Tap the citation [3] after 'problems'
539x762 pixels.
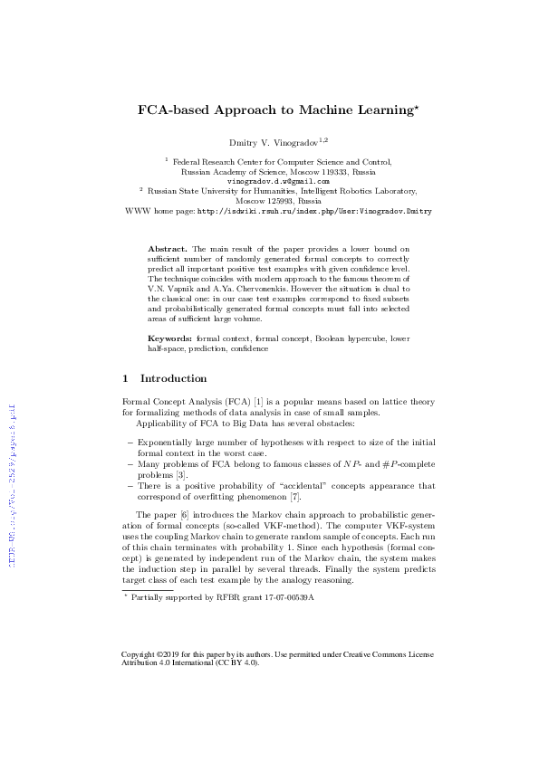pyautogui.click(x=181, y=474)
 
